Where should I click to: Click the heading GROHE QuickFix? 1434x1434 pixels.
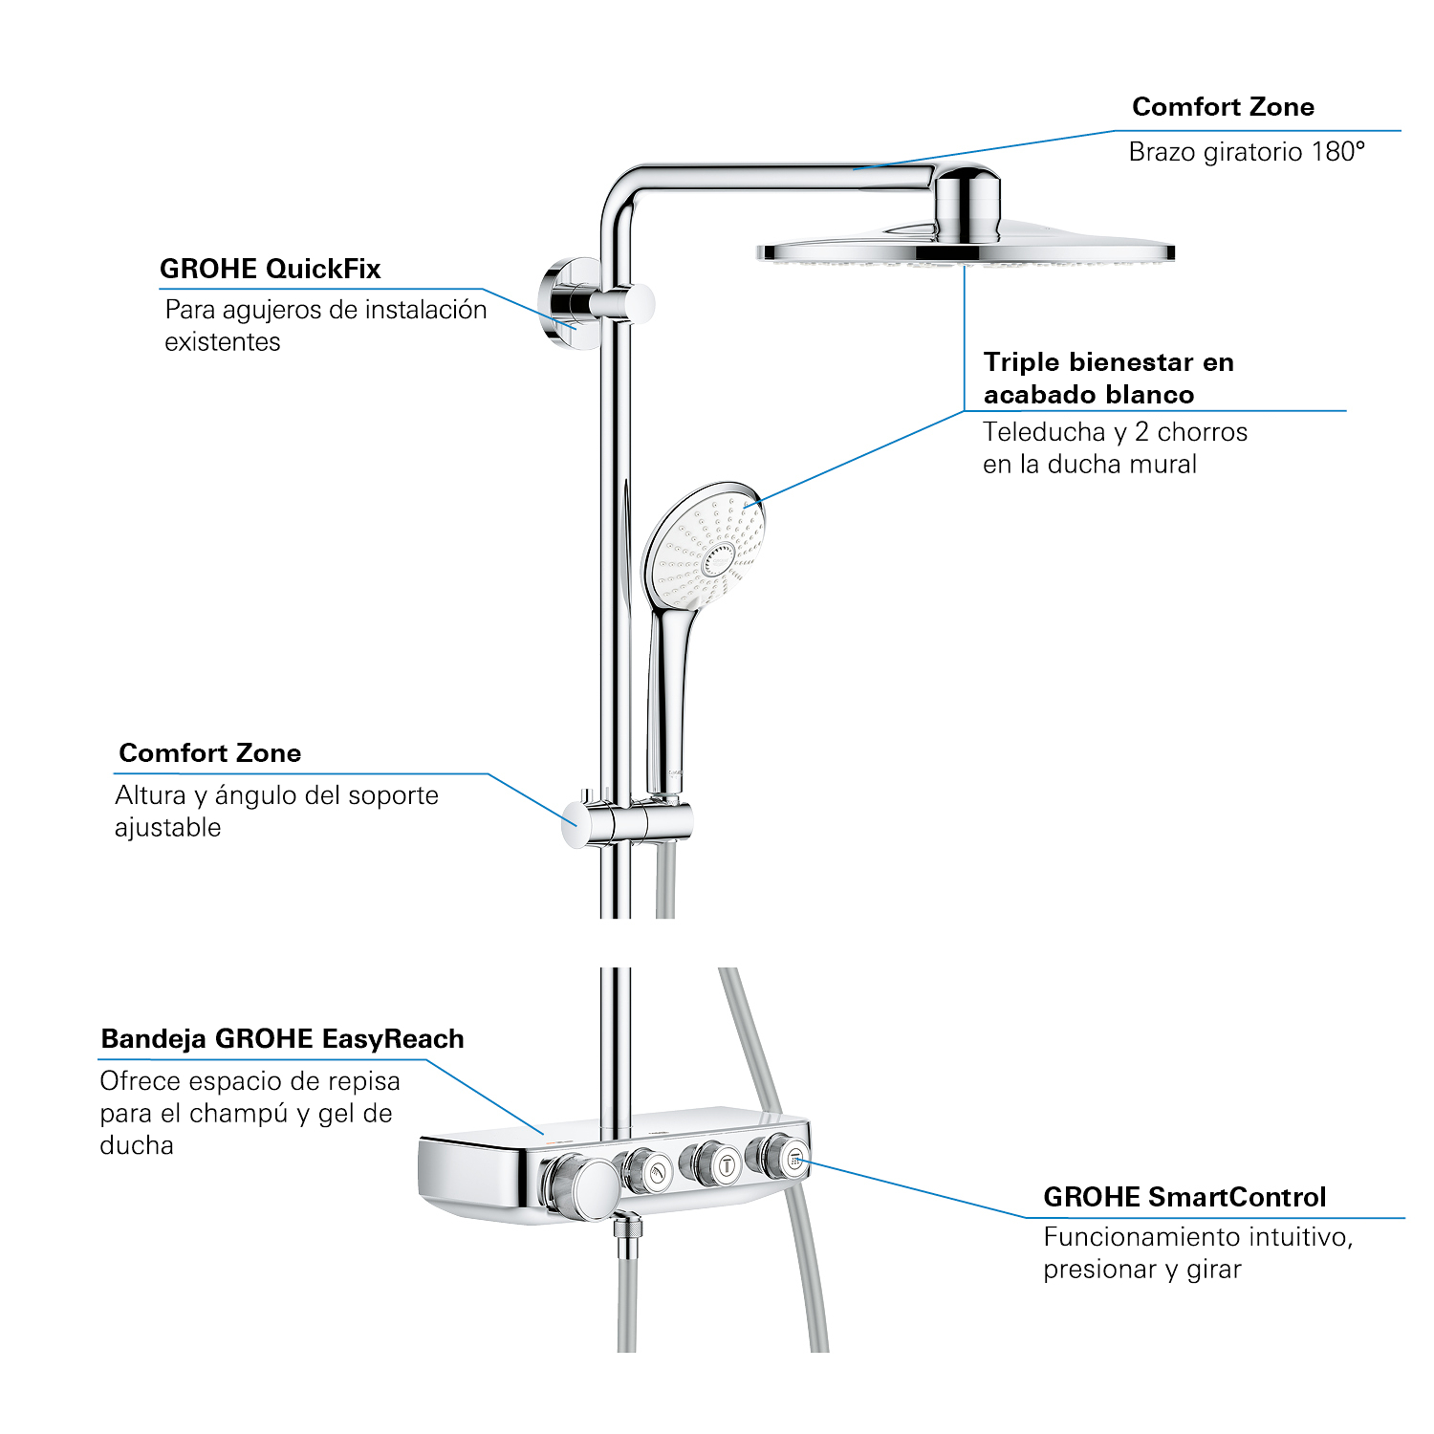270,269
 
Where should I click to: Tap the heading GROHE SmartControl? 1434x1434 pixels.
1184,1197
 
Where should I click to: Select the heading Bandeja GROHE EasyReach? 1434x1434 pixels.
282,1039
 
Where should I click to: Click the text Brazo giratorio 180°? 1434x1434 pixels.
1247,152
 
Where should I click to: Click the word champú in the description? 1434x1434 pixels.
240,1114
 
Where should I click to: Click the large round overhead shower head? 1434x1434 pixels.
966,250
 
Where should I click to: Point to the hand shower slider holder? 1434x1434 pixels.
631,821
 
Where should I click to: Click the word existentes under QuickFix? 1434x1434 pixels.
223,342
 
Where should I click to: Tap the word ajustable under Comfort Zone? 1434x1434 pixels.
168,828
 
